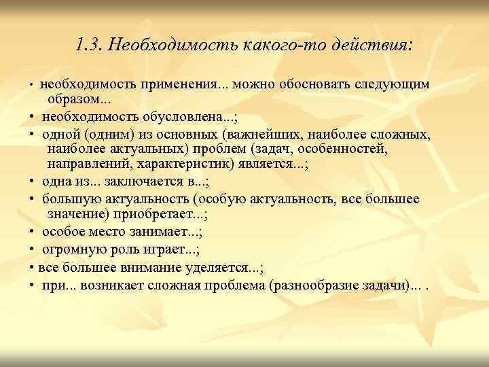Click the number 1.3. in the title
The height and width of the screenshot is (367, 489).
pyautogui.click(x=89, y=46)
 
